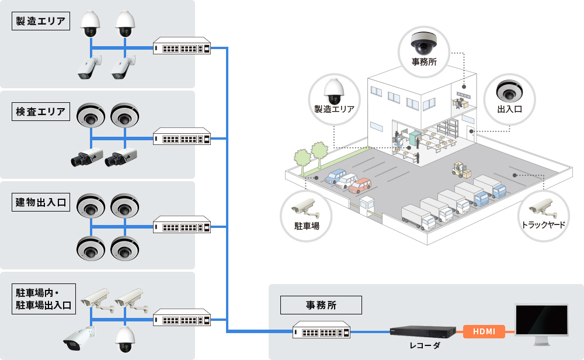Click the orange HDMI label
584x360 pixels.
(x=484, y=331)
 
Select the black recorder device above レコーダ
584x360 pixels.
(x=423, y=331)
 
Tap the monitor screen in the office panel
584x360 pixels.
(x=541, y=320)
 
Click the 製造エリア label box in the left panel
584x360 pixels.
(x=41, y=21)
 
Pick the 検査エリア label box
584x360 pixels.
(x=41, y=112)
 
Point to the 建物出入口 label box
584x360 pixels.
(x=41, y=202)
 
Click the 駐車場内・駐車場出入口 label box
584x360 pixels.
(x=44, y=299)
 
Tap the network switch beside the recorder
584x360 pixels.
(x=321, y=330)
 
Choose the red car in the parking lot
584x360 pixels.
(x=360, y=185)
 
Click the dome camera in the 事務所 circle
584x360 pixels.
(x=424, y=43)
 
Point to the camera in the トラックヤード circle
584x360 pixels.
(x=543, y=208)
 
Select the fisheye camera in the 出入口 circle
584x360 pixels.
(x=509, y=91)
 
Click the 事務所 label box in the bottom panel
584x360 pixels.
(x=321, y=305)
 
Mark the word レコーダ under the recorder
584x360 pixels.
(x=425, y=345)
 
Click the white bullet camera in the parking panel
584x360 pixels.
(x=79, y=339)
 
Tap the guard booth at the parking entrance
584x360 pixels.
(x=366, y=205)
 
